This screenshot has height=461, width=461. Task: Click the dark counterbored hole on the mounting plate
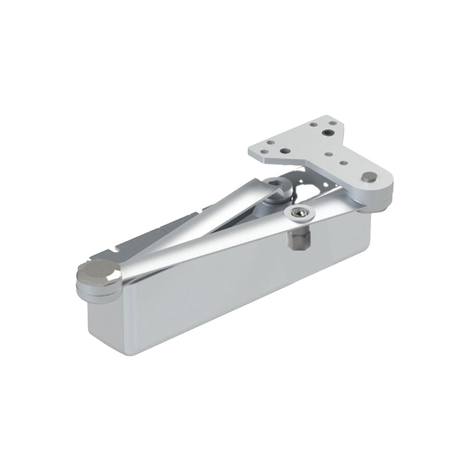328,132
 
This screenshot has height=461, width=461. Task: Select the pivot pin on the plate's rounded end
369,177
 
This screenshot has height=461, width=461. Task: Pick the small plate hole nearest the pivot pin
344,163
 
